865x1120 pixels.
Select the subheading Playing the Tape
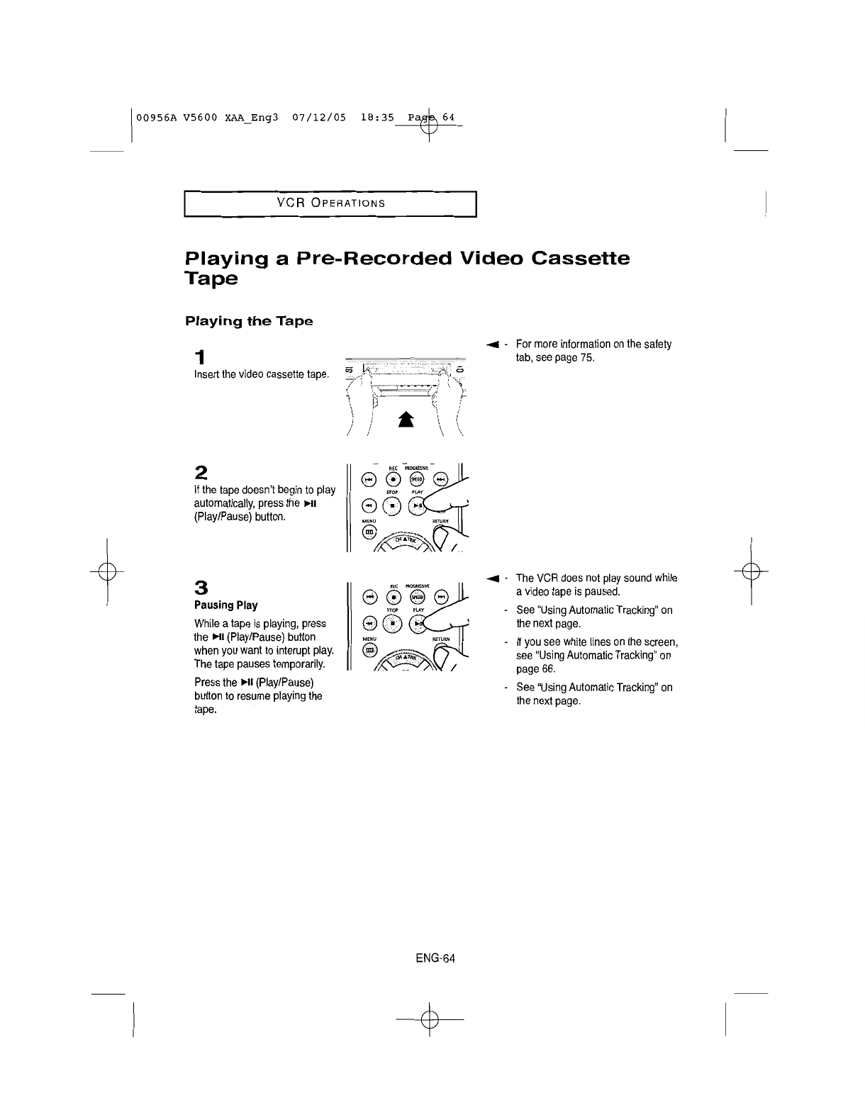point(248,321)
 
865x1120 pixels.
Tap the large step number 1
point(201,356)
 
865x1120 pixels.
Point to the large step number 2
point(201,473)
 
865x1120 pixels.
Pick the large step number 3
point(201,588)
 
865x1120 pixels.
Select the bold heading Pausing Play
point(225,605)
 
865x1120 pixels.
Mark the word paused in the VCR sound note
point(604,592)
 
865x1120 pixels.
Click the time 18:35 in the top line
point(374,117)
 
